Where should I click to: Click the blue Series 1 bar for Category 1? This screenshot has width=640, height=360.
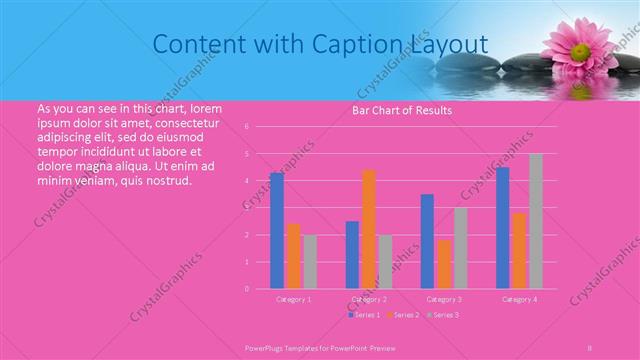pyautogui.click(x=277, y=230)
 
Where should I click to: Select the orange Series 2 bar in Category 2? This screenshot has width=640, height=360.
pyautogui.click(x=369, y=229)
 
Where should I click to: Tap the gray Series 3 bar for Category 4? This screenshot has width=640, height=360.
pyautogui.click(x=536, y=221)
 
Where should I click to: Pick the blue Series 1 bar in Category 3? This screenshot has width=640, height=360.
pyautogui.click(x=427, y=241)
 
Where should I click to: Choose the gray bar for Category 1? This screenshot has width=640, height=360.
pyautogui.click(x=310, y=262)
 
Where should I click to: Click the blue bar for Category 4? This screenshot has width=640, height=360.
pyautogui.click(x=503, y=227)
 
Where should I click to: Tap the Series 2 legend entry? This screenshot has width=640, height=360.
pyautogui.click(x=402, y=315)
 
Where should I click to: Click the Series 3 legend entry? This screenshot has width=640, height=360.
pyautogui.click(x=442, y=315)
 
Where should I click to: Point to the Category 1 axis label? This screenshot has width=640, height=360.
pyautogui.click(x=294, y=299)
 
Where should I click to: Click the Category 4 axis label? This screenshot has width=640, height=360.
pyautogui.click(x=519, y=299)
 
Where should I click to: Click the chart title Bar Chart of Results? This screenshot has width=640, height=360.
pyautogui.click(x=402, y=110)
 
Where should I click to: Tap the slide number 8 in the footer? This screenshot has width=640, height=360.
pyautogui.click(x=590, y=347)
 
